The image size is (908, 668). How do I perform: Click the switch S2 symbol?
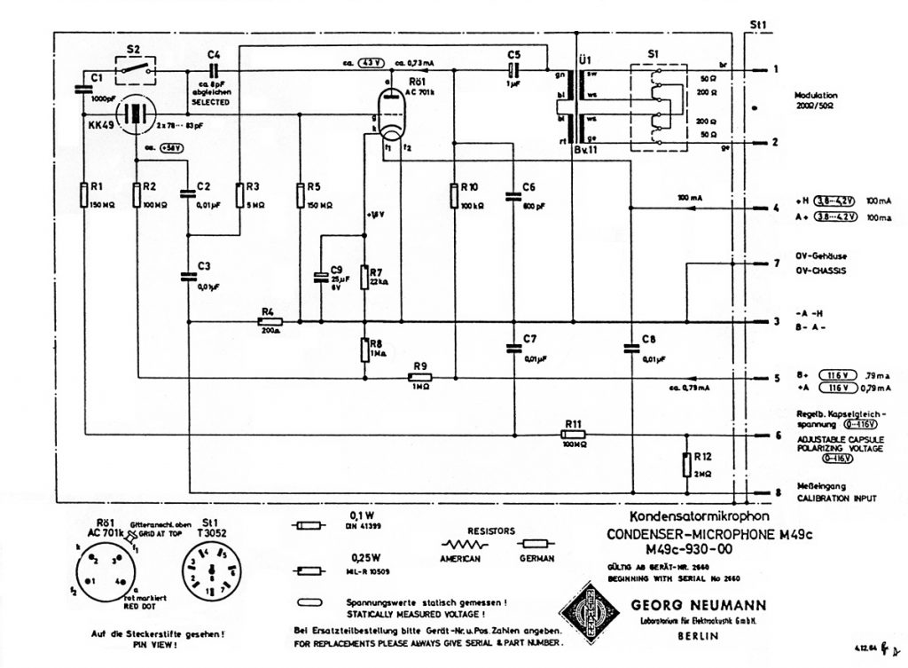[x=136, y=67]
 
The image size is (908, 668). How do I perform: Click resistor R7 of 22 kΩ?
[x=364, y=276]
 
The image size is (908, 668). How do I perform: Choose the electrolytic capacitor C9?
[x=322, y=277]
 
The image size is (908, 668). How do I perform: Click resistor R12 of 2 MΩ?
[x=686, y=464]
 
